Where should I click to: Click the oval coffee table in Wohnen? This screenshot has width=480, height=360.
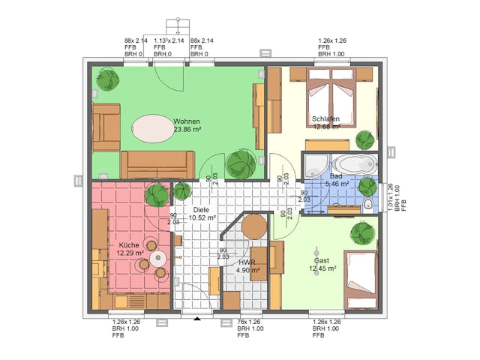(x=153, y=128)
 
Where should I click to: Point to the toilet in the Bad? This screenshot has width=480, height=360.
(x=367, y=205)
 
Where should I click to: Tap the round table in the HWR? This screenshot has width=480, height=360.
(x=255, y=226)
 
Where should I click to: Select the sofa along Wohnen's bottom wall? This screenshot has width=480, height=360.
(x=157, y=163)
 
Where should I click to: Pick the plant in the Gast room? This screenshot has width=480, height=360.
(x=362, y=232)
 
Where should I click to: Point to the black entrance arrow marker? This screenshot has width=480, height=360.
(x=197, y=319)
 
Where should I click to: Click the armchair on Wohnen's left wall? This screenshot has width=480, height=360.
(x=106, y=127)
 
